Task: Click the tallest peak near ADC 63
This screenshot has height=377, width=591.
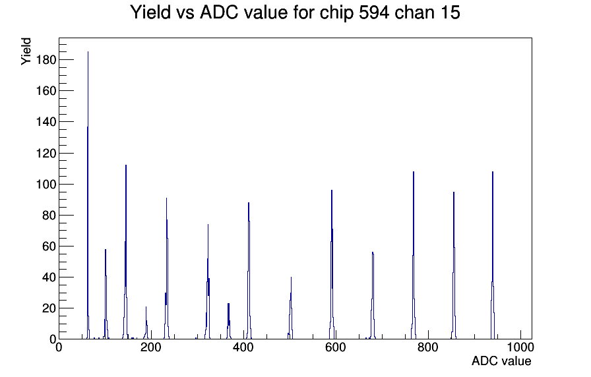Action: pyautogui.click(x=88, y=195)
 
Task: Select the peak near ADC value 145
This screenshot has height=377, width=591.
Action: pyautogui.click(x=125, y=252)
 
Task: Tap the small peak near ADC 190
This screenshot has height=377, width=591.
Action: pyautogui.click(x=146, y=323)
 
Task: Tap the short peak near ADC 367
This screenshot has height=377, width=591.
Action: pyautogui.click(x=228, y=321)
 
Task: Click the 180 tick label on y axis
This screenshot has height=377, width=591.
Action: pyautogui.click(x=46, y=60)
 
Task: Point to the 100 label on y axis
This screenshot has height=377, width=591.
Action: pyautogui.click(x=46, y=185)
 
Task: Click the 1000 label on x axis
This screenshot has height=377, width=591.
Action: pyautogui.click(x=520, y=347)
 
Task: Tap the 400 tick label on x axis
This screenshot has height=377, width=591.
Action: pyautogui.click(x=243, y=347)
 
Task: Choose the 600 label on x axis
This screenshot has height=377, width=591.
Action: pyautogui.click(x=336, y=347)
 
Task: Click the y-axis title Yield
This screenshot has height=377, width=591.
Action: pyautogui.click(x=26, y=51)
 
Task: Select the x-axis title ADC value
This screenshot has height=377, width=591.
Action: pyautogui.click(x=501, y=361)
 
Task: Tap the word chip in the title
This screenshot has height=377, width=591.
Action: pyautogui.click(x=336, y=13)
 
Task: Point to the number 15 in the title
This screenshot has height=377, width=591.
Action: pyautogui.click(x=450, y=12)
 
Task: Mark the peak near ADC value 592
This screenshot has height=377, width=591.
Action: pyautogui.click(x=332, y=264)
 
